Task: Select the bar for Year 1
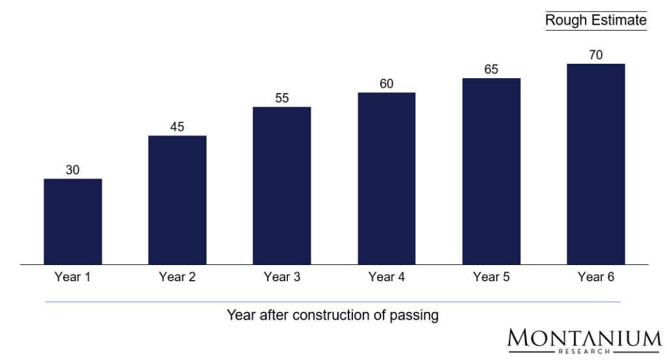[x=72, y=221]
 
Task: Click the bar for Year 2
[x=177, y=200]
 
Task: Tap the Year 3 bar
[x=282, y=186]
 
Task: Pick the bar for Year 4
[x=387, y=178]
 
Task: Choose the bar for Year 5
[x=492, y=171]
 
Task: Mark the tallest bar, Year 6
[x=596, y=164]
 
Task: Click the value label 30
[x=72, y=170]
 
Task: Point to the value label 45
[x=177, y=127]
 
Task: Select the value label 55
[x=282, y=98]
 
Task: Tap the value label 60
[x=387, y=84]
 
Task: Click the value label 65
[x=492, y=70]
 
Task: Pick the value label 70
[x=596, y=55]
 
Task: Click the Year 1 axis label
[x=72, y=277]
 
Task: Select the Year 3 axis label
[x=282, y=277]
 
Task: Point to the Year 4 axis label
[x=387, y=277]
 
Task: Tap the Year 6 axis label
[x=596, y=277]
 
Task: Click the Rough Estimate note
[x=595, y=20]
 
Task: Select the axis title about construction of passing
[x=333, y=316]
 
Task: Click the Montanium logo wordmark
[x=584, y=338]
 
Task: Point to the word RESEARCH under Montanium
[x=584, y=352]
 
